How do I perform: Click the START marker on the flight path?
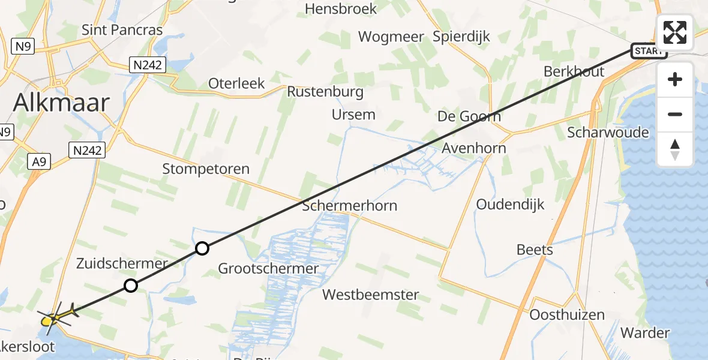tap(649, 51)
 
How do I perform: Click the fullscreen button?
tap(675, 32)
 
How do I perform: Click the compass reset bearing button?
tap(675, 149)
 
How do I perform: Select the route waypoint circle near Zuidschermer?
tap(131, 286)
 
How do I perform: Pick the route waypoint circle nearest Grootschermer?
tap(202, 248)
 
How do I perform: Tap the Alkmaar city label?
tap(62, 103)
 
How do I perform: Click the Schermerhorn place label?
tap(350, 206)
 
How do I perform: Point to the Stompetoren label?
tap(206, 169)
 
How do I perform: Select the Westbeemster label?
tap(370, 295)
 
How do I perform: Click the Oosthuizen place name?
tap(567, 314)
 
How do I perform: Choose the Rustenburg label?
tap(325, 92)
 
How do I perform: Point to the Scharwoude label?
tap(608, 132)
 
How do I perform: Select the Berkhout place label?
tap(574, 71)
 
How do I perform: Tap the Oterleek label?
tap(236, 83)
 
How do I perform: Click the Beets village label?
tap(535, 250)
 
